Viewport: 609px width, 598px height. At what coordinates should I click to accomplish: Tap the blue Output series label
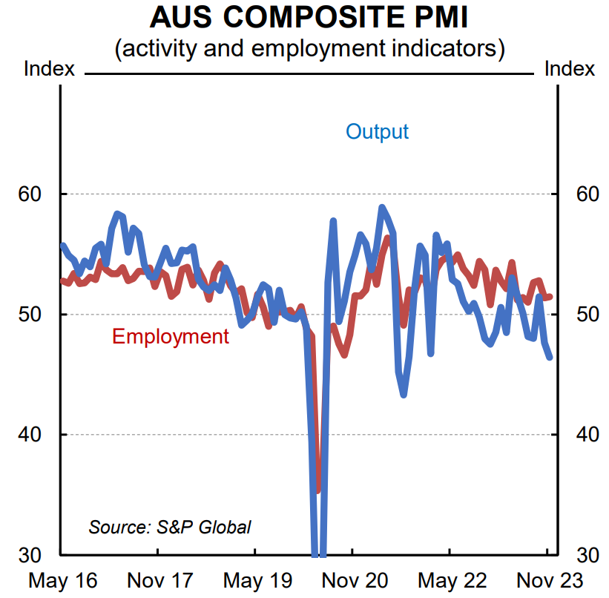(x=377, y=132)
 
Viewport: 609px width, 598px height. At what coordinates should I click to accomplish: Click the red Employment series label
(x=171, y=336)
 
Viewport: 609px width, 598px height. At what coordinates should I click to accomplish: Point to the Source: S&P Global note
(x=170, y=528)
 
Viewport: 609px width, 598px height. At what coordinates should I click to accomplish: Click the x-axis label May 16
(x=62, y=580)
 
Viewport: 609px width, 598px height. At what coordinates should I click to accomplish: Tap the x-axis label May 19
(x=256, y=580)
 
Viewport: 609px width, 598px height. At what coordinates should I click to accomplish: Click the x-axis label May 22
(x=450, y=580)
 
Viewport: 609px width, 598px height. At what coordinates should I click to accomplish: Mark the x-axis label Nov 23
(x=546, y=580)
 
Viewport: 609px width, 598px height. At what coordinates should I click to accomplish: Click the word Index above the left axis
(x=50, y=69)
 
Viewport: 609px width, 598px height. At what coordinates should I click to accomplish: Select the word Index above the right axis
(x=570, y=69)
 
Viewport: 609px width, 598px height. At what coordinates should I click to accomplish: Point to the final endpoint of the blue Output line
(x=550, y=358)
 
